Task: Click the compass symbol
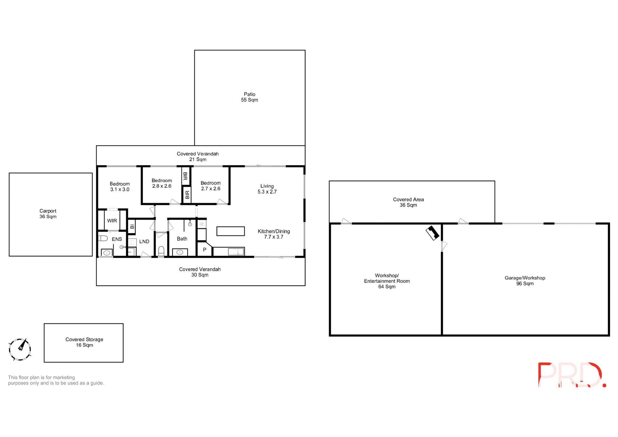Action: click(x=20, y=349)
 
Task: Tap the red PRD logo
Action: click(x=572, y=375)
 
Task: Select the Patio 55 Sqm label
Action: click(x=249, y=97)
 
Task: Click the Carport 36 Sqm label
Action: click(x=48, y=214)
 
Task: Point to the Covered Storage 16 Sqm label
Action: click(x=84, y=342)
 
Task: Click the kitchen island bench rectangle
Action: click(x=230, y=231)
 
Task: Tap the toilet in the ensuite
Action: click(x=103, y=238)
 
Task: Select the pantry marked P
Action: click(x=204, y=250)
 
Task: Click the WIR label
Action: click(x=112, y=221)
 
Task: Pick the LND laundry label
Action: click(x=144, y=241)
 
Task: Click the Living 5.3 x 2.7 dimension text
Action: click(x=267, y=192)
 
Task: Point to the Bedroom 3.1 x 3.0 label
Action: click(x=120, y=187)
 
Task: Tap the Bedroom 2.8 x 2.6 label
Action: click(x=162, y=183)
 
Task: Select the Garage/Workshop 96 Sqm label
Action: click(x=525, y=281)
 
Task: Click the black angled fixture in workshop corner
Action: click(x=433, y=233)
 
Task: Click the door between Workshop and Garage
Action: click(x=444, y=246)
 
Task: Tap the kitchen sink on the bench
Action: click(x=236, y=252)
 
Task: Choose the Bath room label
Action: click(x=182, y=239)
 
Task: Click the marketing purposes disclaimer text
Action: click(x=56, y=380)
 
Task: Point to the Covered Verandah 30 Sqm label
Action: click(x=200, y=272)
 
